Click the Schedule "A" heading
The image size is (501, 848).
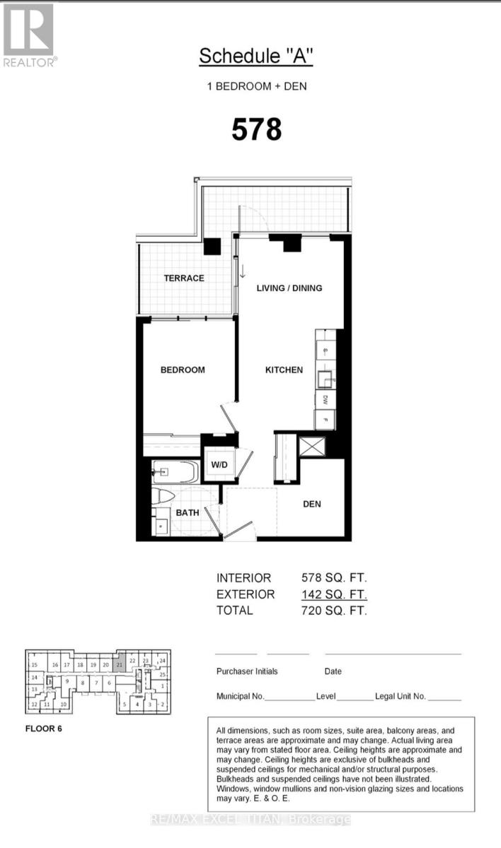click(x=255, y=57)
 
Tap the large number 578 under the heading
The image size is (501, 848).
click(x=257, y=129)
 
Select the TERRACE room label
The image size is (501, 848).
click(x=184, y=278)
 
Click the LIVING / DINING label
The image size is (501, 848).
click(x=289, y=288)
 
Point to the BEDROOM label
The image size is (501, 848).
click(x=182, y=370)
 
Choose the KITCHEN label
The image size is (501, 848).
click(x=284, y=370)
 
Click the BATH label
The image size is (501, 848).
click(x=188, y=512)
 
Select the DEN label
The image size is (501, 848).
click(x=312, y=504)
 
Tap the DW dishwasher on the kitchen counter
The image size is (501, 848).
click(x=325, y=399)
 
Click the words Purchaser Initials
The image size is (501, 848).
click(x=247, y=671)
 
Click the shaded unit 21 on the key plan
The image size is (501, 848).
click(x=120, y=665)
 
